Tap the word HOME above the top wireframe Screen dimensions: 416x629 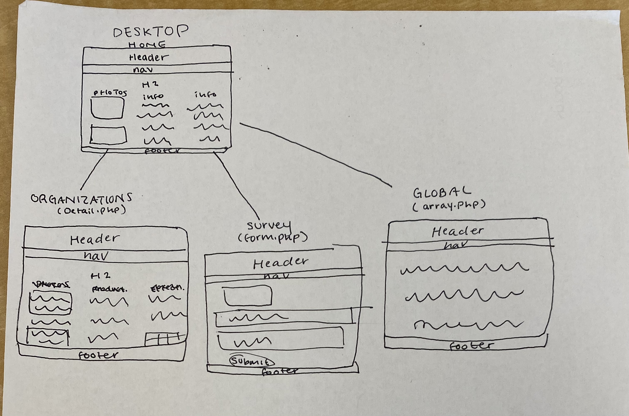tap(147, 45)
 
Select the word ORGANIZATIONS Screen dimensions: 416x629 tap(81, 199)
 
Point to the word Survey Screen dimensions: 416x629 tap(269, 226)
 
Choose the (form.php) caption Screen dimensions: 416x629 tap(273, 238)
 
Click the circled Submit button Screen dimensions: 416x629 tap(251, 361)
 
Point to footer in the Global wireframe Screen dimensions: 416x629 tap(472, 346)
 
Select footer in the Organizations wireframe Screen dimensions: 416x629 tap(98, 355)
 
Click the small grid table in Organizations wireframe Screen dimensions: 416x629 tap(164, 339)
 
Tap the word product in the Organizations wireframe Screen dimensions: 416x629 tap(109, 289)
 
